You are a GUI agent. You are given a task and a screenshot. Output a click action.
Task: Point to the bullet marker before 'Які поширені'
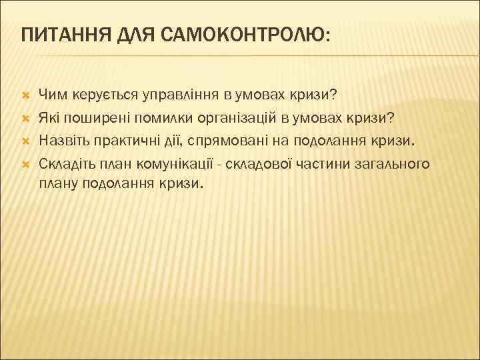25,117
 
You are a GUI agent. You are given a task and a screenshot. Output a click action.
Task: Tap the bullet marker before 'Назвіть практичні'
25,140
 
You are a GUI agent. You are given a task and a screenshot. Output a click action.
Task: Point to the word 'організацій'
234,117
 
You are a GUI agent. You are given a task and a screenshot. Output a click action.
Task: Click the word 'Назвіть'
62,140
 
